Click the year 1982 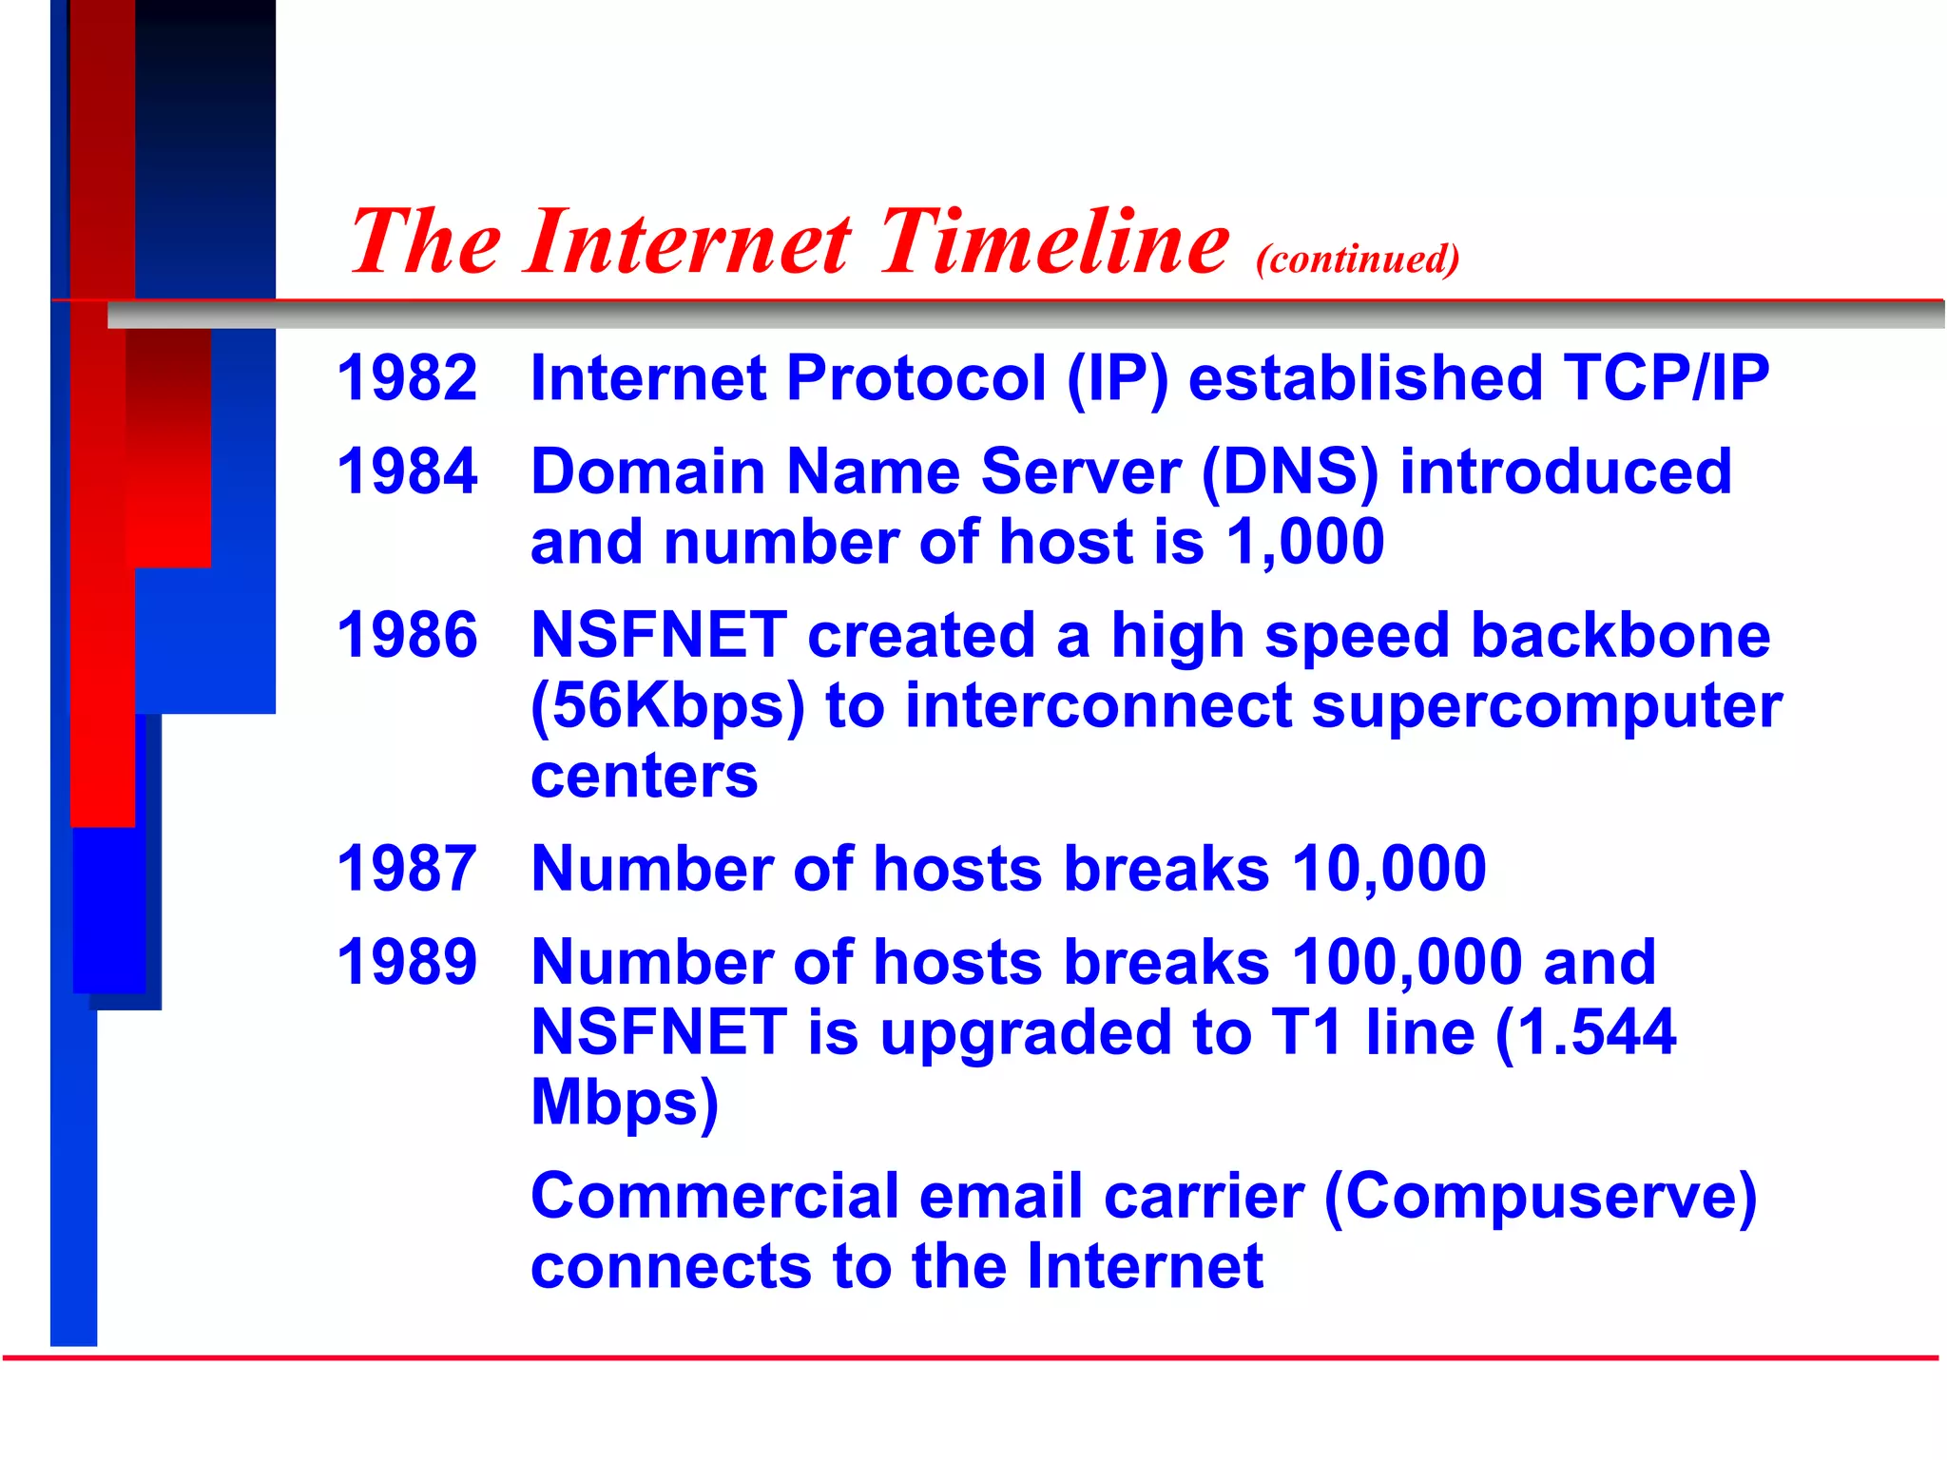click(x=407, y=377)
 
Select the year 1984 click(x=407, y=471)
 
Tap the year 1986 click(x=407, y=635)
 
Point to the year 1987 click(x=407, y=868)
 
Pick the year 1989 click(x=407, y=962)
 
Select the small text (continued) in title click(x=1358, y=259)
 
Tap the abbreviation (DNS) click(x=1290, y=472)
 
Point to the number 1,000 click(x=1304, y=542)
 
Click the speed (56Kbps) click(x=667, y=707)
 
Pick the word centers click(x=644, y=776)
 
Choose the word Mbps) click(x=625, y=1103)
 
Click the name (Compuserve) click(x=1539, y=1197)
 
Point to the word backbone click(x=1620, y=635)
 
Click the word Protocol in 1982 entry click(x=916, y=377)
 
